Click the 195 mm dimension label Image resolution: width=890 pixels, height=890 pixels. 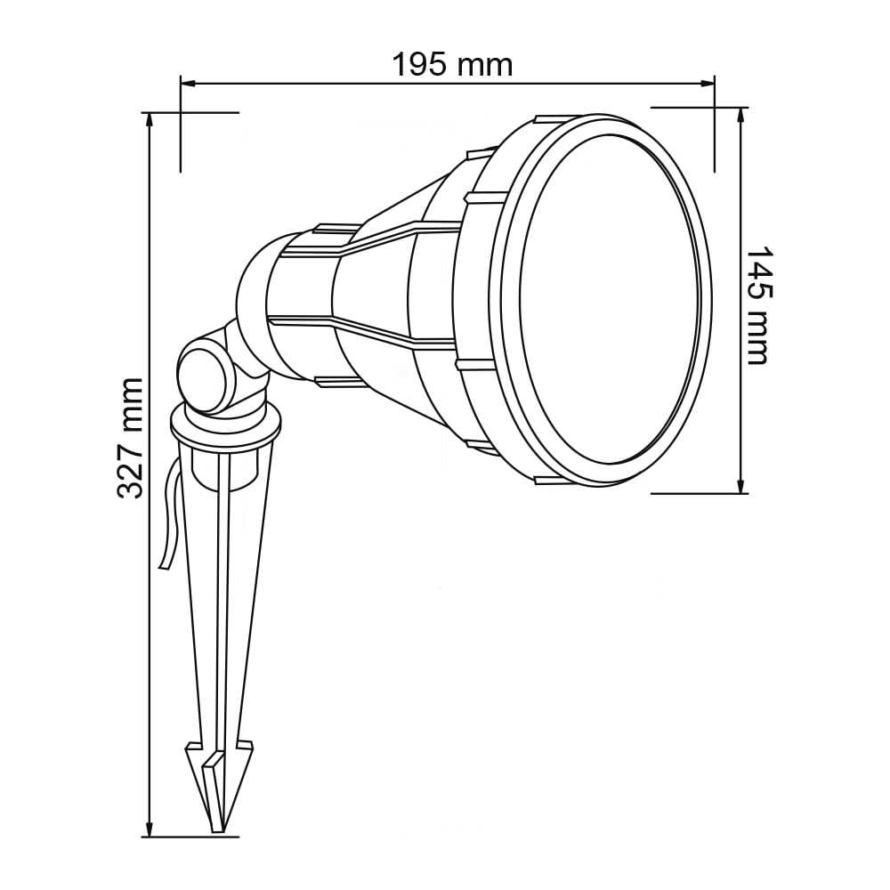click(452, 64)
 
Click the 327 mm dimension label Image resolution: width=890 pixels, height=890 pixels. click(131, 438)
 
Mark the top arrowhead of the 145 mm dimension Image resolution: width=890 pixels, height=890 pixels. click(741, 113)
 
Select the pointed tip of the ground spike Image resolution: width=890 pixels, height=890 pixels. click(215, 828)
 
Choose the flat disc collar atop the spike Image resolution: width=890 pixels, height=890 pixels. click(226, 432)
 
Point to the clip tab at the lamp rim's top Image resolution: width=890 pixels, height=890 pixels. click(547, 120)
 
